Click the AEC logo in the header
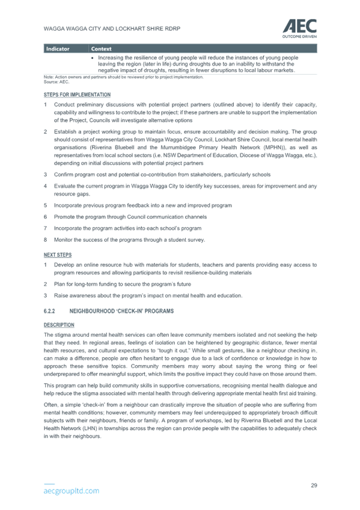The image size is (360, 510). (x=299, y=29)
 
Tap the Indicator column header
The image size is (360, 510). (x=58, y=49)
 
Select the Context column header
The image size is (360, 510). (x=102, y=49)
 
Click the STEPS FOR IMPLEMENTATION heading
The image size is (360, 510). (x=77, y=94)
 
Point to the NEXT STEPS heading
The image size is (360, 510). (x=58, y=255)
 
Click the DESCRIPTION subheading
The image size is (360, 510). (x=59, y=325)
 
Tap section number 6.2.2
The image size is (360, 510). (x=49, y=311)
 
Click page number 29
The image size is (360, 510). (x=314, y=485)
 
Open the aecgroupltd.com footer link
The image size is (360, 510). (x=72, y=491)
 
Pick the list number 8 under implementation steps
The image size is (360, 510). (x=46, y=240)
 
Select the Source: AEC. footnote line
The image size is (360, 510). (x=56, y=82)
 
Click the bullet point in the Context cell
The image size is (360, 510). (x=93, y=58)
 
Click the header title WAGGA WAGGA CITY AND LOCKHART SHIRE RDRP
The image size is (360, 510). (x=112, y=29)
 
